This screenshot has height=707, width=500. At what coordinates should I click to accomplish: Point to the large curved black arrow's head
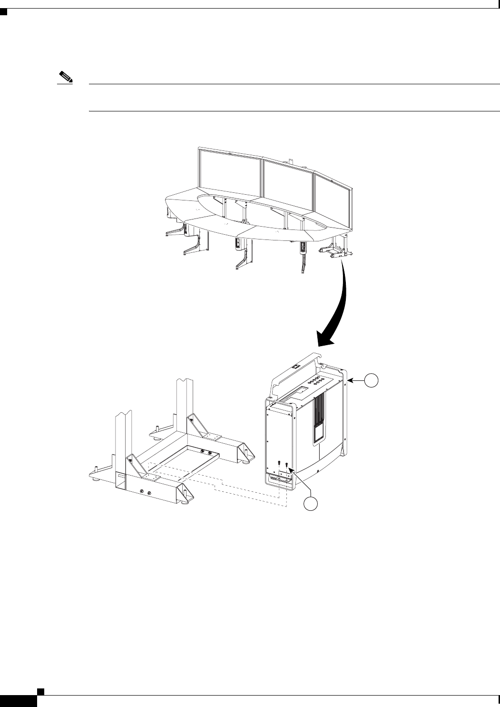pyautogui.click(x=325, y=339)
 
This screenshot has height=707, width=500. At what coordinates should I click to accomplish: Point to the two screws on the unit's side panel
pyautogui.click(x=284, y=464)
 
